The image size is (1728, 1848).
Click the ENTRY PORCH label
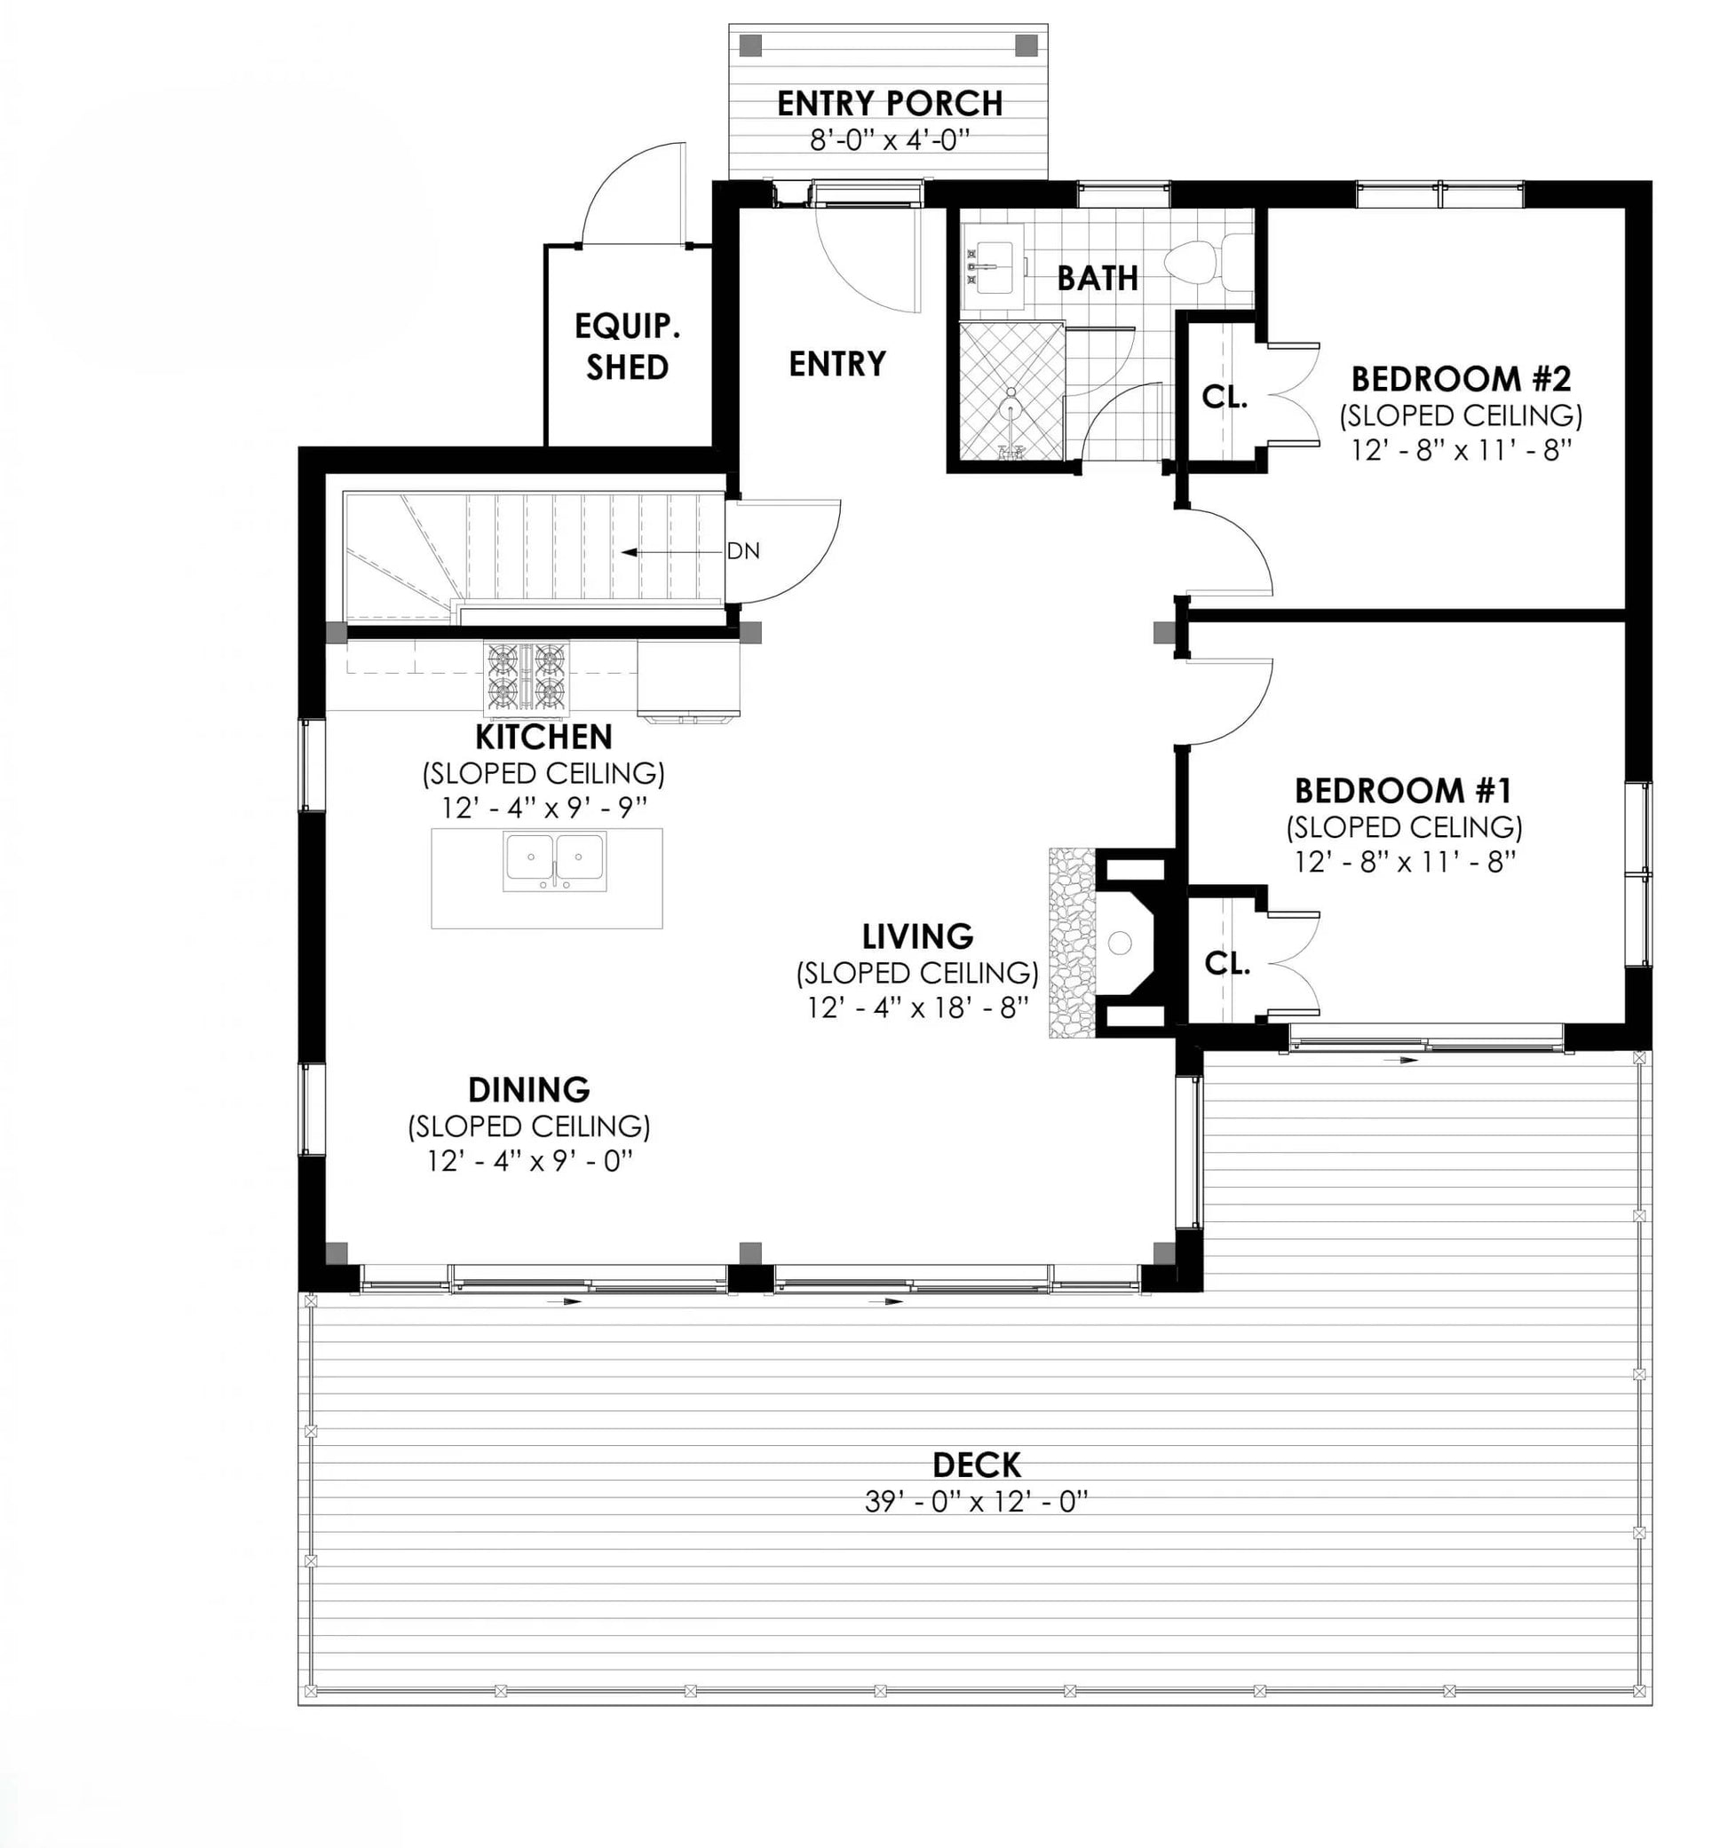889,103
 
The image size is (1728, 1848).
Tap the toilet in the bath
1209,261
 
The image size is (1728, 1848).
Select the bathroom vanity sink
993,267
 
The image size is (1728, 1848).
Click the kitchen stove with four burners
526,679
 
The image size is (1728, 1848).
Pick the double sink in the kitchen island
554,862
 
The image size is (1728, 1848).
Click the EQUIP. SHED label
627,347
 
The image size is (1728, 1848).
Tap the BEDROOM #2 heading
1460,379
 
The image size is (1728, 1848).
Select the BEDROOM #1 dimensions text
1405,863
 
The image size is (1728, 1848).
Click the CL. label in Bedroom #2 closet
1224,397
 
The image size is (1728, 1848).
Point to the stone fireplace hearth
1072,943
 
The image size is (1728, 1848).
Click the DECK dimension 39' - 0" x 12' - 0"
976,1503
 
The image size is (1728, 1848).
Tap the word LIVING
917,936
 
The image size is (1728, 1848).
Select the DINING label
528,1089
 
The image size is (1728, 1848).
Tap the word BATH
1098,278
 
